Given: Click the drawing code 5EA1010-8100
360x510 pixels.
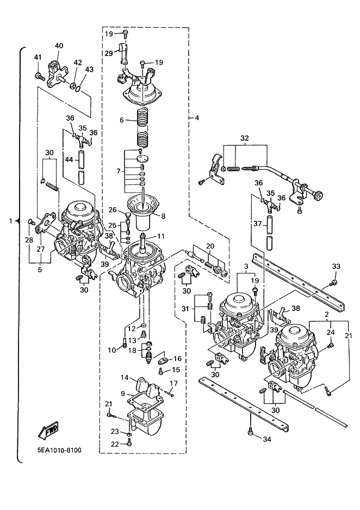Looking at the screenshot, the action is click(x=59, y=451).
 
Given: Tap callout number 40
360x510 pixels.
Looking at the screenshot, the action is click(x=59, y=46).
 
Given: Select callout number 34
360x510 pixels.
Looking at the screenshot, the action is click(x=266, y=439).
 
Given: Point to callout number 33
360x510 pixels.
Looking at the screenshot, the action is click(x=336, y=266).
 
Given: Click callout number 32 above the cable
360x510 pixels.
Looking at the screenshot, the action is click(x=245, y=138).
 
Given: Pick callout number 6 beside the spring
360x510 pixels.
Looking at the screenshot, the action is click(x=121, y=120).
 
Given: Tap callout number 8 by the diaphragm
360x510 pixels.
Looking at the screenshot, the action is click(x=163, y=215).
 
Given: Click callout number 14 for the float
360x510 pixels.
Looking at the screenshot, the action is click(x=125, y=377).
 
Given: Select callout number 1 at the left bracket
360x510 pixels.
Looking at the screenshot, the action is click(x=11, y=221).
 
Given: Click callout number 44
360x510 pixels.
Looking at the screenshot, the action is click(x=69, y=159).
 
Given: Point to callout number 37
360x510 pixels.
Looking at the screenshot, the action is click(x=258, y=224).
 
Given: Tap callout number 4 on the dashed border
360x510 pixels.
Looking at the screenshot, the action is click(x=197, y=118).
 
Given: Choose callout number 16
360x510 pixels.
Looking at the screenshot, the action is click(x=177, y=359).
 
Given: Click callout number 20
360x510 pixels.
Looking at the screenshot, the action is click(x=210, y=246).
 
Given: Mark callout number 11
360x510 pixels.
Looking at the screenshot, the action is click(x=161, y=236).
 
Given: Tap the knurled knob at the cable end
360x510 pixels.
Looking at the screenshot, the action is click(x=319, y=196).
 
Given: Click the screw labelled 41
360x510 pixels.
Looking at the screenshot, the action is click(x=39, y=77).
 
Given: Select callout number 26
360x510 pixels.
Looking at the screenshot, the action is click(x=113, y=210).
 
